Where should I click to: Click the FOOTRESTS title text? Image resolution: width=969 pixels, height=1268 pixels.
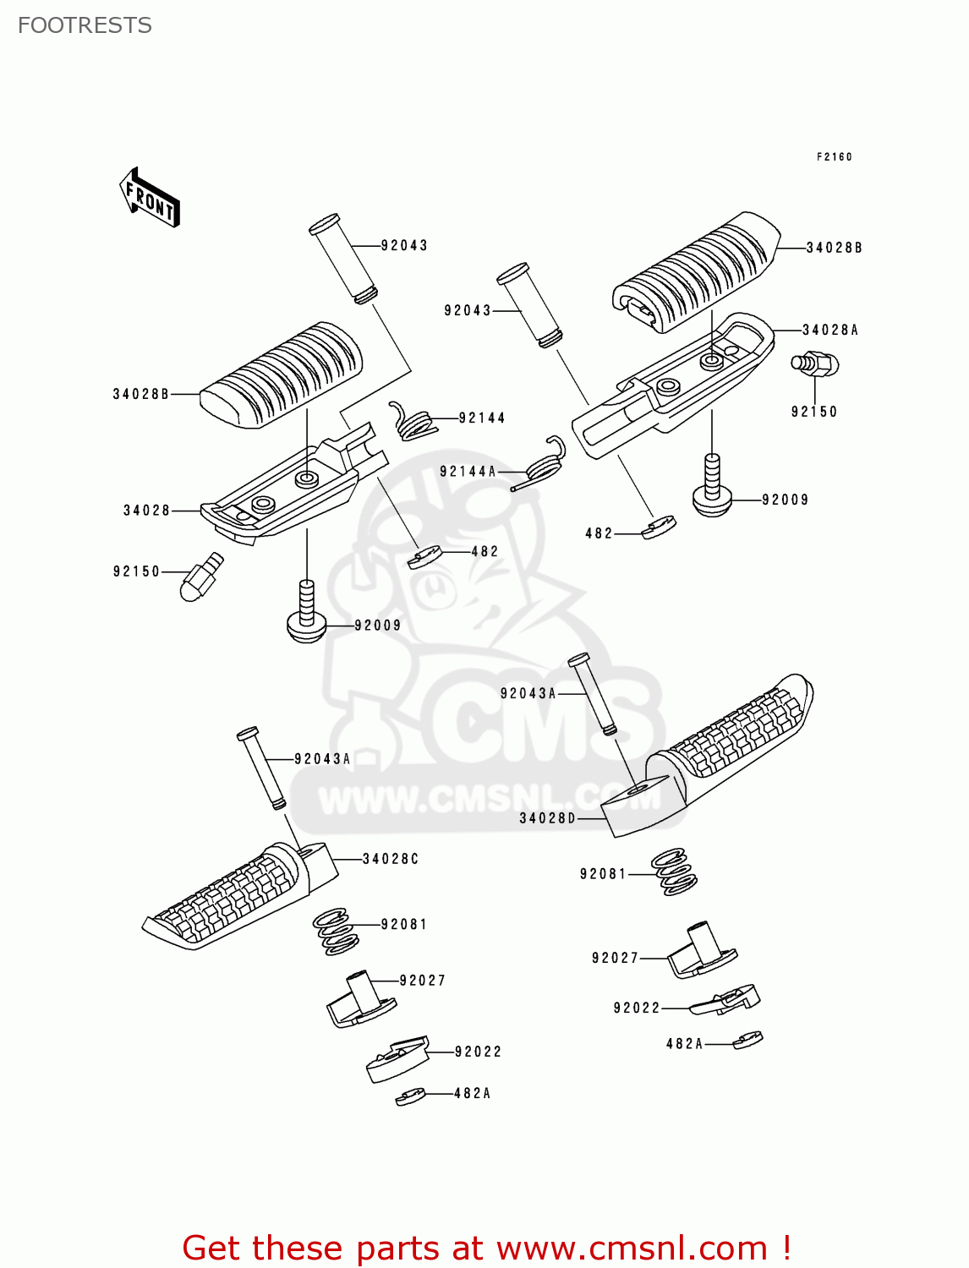tap(85, 25)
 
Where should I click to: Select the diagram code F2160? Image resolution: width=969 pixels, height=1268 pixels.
tap(834, 156)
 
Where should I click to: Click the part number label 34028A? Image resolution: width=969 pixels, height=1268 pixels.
tap(829, 331)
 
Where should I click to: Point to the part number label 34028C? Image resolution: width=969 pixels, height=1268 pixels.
tap(390, 859)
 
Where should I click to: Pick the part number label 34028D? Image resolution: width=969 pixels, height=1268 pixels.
tap(547, 818)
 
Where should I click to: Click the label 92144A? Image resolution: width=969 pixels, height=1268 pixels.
tap(468, 472)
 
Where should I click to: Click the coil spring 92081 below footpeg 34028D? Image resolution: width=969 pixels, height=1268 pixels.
tap(674, 872)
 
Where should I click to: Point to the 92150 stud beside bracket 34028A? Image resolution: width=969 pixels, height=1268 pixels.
tap(814, 363)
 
